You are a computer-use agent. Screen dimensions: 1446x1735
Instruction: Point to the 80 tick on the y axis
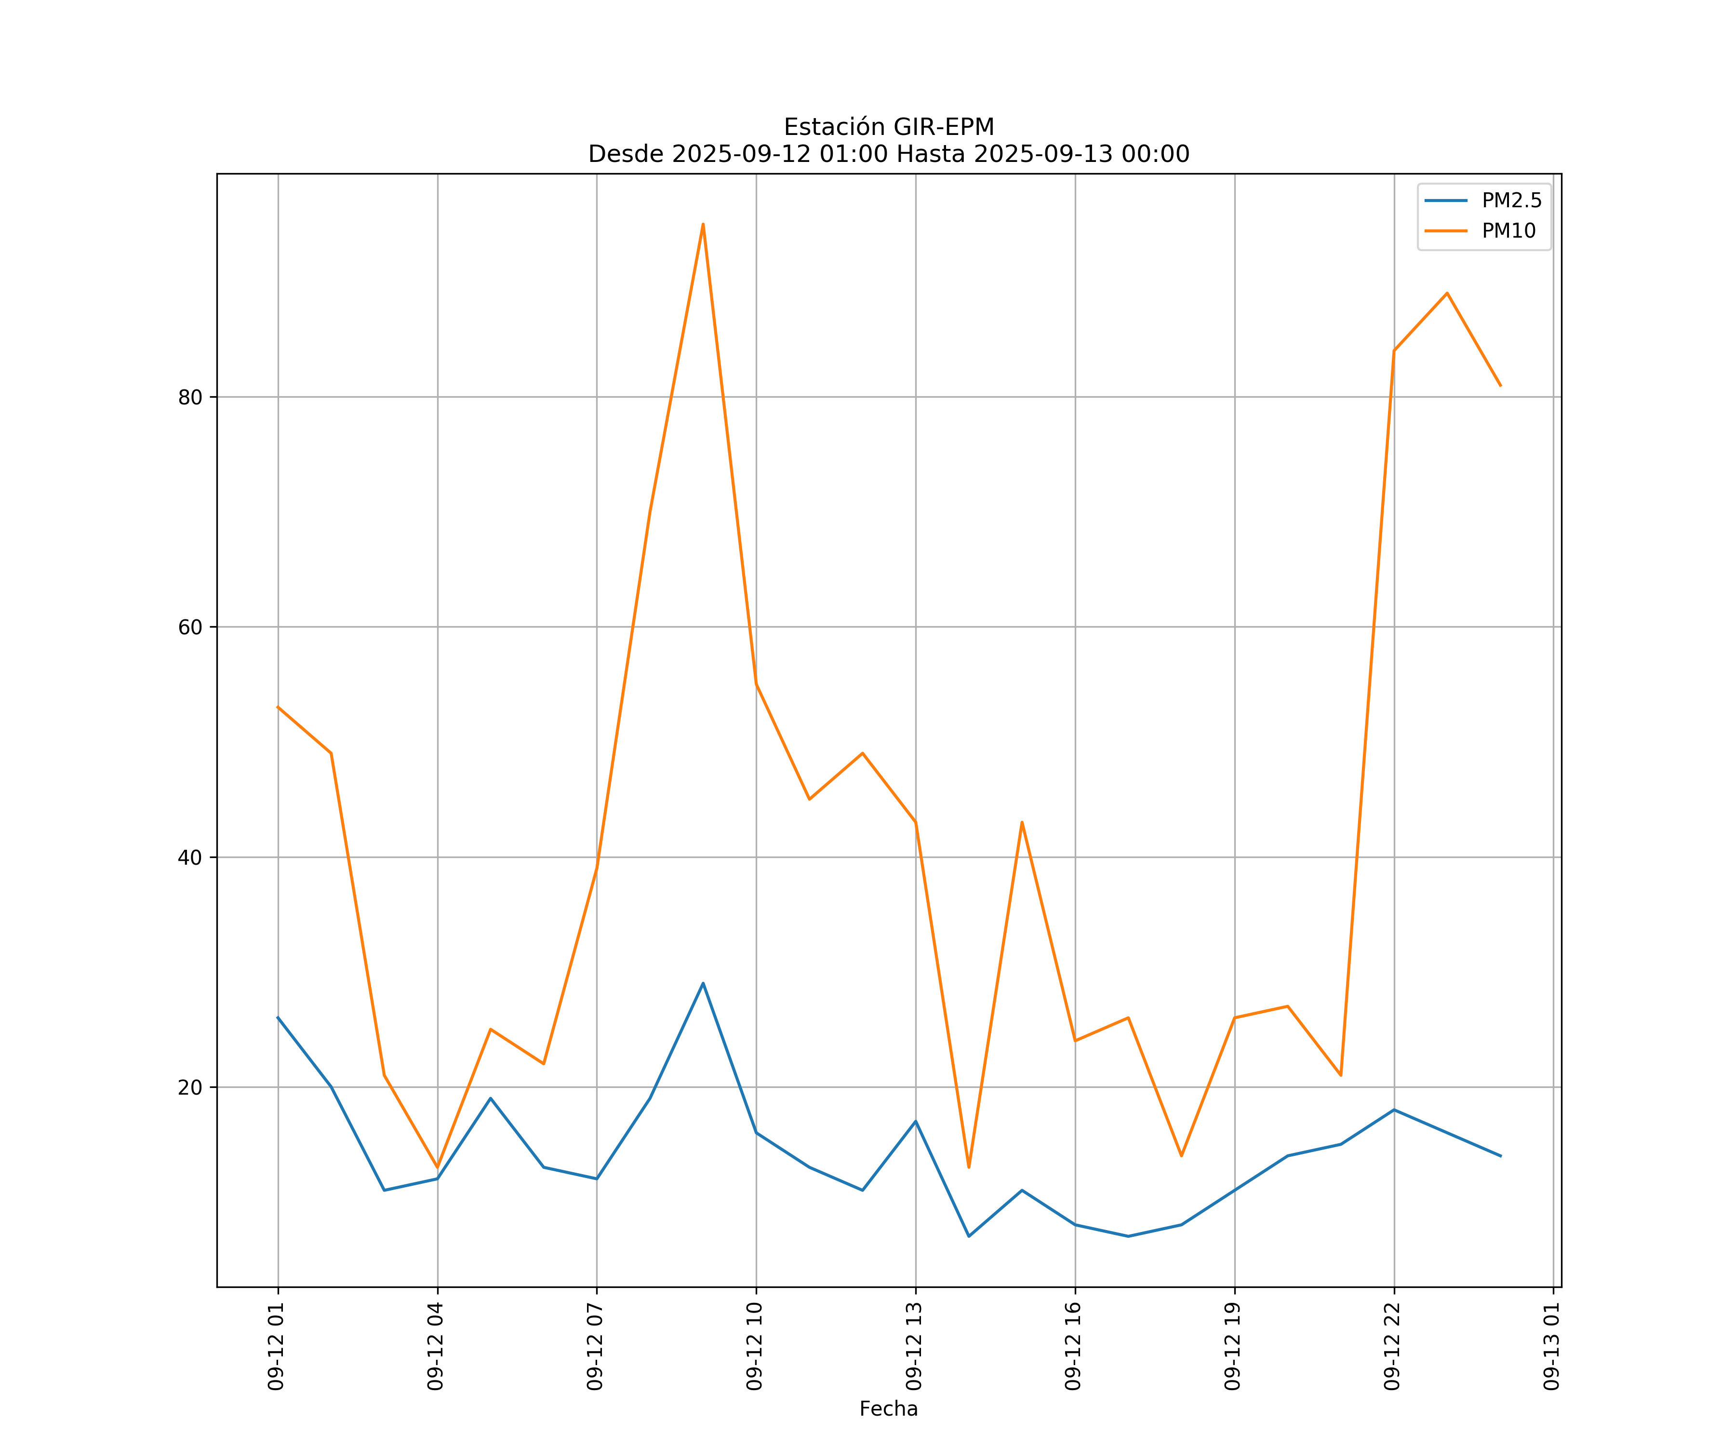[190, 398]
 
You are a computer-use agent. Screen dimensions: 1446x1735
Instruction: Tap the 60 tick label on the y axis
[190, 627]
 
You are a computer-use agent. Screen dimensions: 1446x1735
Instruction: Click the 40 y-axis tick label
[190, 857]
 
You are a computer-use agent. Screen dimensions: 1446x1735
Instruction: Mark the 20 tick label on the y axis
[190, 1087]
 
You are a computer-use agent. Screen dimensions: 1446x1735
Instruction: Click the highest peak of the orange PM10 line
[703, 224]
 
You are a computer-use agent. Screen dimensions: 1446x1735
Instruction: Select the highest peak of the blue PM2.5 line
[703, 983]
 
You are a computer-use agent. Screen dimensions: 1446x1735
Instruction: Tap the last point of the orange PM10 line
[1500, 386]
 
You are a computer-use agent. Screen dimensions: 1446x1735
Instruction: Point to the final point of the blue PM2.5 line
[1500, 1156]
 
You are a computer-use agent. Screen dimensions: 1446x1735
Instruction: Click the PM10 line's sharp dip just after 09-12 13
[969, 1167]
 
